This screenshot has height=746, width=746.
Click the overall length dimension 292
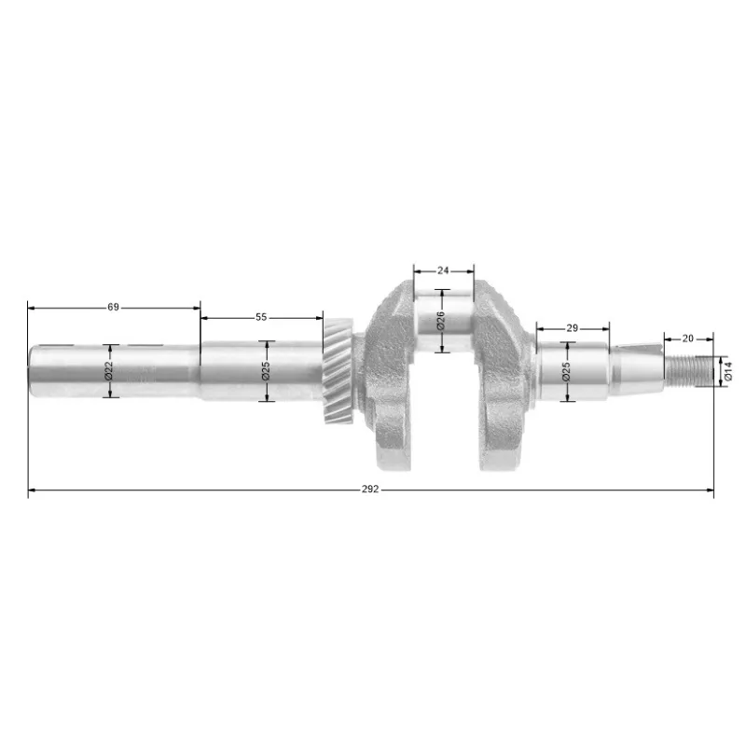click(x=370, y=489)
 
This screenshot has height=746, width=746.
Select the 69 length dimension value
click(x=113, y=308)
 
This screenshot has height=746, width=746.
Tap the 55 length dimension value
click(x=261, y=317)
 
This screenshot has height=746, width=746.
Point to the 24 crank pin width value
click(x=443, y=270)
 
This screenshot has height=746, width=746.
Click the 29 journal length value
click(x=573, y=328)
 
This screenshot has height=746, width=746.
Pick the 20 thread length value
click(x=688, y=338)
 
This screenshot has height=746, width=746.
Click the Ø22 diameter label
click(x=108, y=370)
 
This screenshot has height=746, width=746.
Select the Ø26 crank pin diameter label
click(x=441, y=321)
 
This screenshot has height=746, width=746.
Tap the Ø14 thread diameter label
click(x=728, y=371)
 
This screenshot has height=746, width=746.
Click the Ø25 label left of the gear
click(x=266, y=371)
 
